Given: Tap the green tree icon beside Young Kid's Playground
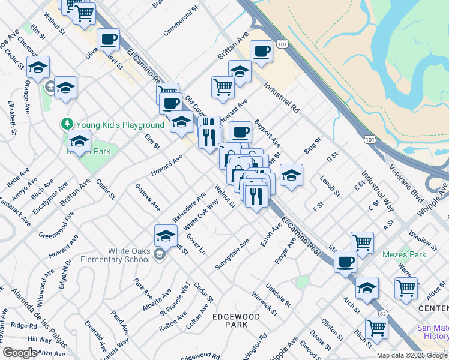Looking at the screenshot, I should click(x=67, y=124).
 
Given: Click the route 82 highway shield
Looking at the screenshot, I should click(x=382, y=313).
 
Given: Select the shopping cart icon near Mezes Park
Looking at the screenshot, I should click(x=406, y=288).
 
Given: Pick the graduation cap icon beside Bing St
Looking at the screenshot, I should click(x=291, y=175).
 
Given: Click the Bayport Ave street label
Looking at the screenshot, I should click(x=267, y=133).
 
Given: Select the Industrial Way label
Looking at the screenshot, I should click(x=378, y=191).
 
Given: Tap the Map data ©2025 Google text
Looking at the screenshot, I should click(x=411, y=355).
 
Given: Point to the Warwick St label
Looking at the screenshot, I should click(x=265, y=303).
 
